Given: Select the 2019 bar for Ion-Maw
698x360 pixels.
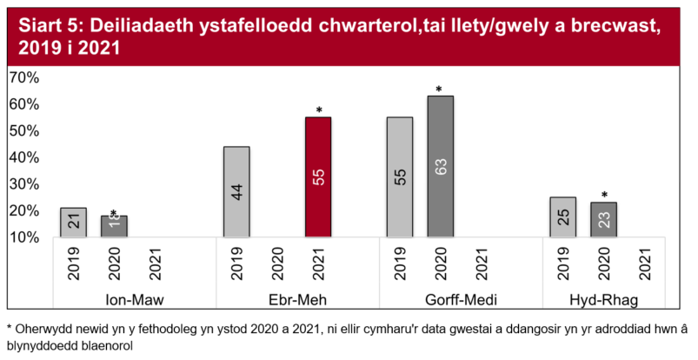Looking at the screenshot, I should pos(73,222).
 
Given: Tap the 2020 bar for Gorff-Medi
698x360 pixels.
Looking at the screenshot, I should pos(440,166).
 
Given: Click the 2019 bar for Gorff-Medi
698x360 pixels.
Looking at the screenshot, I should pos(399,177).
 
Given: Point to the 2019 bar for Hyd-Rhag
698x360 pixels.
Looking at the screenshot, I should pos(562,217).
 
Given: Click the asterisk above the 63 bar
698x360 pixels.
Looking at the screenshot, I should pos(440,90).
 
